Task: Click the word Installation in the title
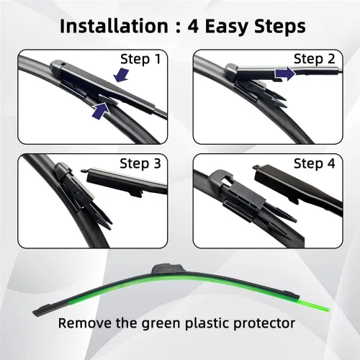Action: point(114,26)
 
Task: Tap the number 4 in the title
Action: point(193,26)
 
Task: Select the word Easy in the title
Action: point(227,27)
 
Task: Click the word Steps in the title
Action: point(280,27)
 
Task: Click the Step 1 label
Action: point(140,59)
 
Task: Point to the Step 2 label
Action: point(314,59)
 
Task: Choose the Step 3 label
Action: point(140,164)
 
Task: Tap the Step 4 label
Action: point(314,164)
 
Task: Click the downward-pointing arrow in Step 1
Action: point(122,75)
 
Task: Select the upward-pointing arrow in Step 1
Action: point(101,110)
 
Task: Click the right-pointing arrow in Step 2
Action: point(285,73)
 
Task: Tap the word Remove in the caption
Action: point(86,323)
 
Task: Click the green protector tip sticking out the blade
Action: point(315,305)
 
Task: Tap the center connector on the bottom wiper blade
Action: point(167,269)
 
